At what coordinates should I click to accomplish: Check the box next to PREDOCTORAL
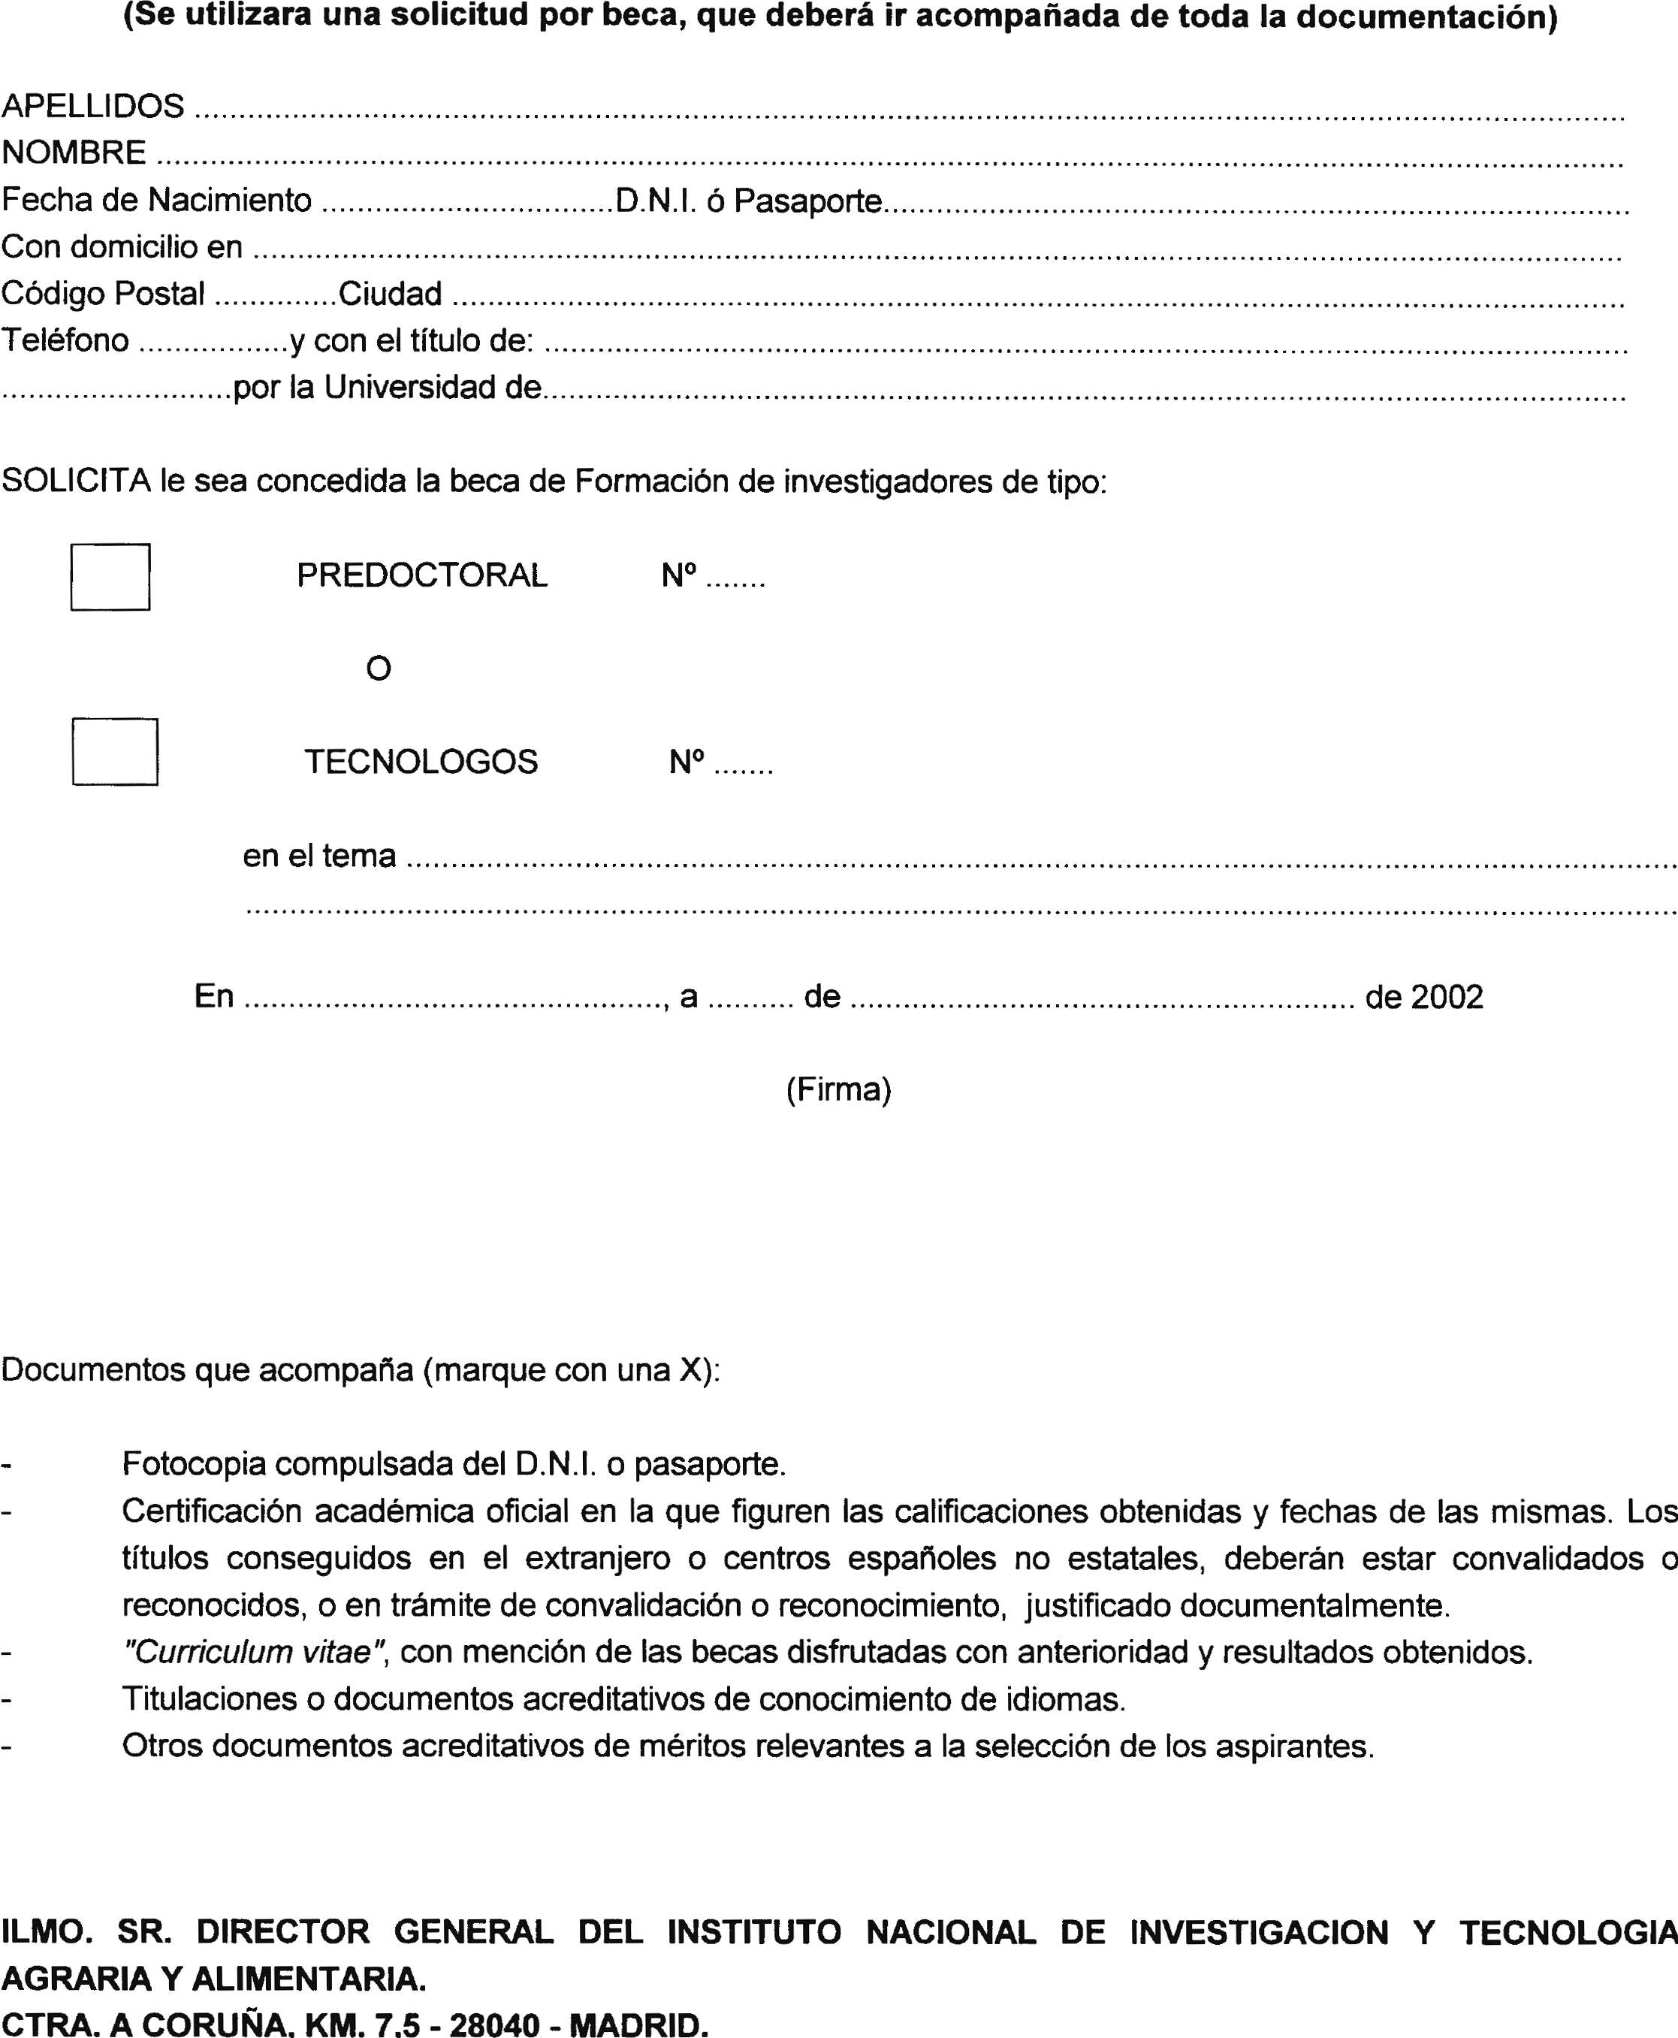[110, 577]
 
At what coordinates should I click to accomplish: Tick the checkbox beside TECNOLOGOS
[115, 751]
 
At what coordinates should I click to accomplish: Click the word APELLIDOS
[93, 107]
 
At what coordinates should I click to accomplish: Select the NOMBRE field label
[74, 152]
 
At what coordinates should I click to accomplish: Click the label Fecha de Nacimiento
[156, 200]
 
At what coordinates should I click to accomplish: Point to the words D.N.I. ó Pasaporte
[749, 200]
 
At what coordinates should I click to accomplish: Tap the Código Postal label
[104, 293]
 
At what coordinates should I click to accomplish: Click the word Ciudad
[391, 293]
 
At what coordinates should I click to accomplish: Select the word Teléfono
[65, 340]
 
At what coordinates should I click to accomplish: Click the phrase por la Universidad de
[388, 388]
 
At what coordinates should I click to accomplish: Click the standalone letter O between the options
[379, 668]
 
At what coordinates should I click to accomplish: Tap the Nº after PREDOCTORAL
[678, 575]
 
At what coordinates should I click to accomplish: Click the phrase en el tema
[319, 856]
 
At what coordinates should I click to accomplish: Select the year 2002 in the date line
[1446, 997]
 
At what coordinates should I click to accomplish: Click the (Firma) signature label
[838, 1089]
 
